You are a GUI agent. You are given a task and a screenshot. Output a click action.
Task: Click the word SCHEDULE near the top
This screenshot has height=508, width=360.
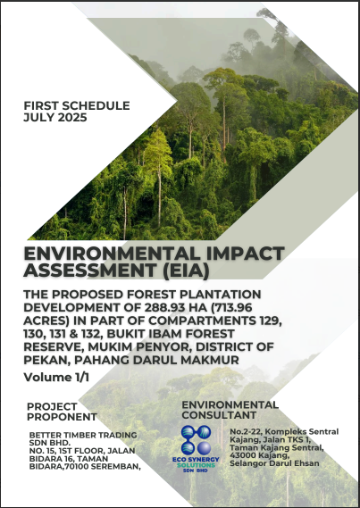96,105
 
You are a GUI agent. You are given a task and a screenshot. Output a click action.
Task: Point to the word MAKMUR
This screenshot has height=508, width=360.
213,360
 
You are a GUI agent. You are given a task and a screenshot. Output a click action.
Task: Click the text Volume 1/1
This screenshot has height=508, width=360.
56,377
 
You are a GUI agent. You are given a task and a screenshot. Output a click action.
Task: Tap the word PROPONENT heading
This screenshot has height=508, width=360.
62,417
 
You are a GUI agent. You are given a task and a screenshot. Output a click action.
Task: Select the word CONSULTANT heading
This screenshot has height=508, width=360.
219,414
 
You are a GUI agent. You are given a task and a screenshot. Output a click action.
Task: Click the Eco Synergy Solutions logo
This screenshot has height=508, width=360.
196,448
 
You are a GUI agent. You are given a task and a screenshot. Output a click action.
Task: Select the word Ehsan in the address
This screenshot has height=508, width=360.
308,463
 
